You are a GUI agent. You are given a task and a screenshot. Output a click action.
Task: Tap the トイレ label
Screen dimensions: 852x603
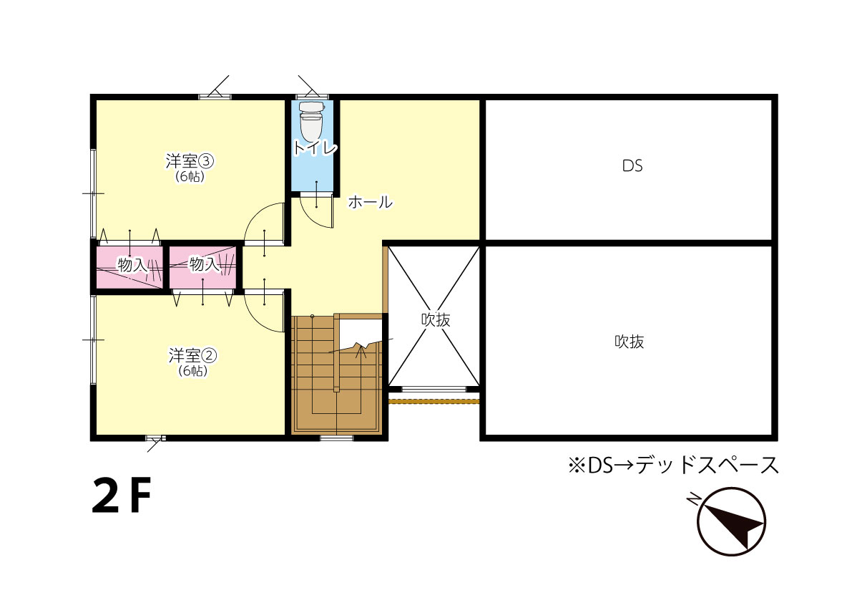315,148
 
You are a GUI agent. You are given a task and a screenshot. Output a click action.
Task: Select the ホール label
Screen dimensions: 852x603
370,202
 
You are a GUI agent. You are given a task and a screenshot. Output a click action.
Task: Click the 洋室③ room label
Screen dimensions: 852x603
190,161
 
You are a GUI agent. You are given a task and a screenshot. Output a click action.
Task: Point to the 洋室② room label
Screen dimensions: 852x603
193,356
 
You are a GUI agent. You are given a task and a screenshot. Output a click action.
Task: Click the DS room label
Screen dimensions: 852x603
632,166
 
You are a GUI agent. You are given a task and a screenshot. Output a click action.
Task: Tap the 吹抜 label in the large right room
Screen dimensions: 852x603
630,342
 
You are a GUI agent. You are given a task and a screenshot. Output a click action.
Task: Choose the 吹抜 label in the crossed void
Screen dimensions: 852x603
436,319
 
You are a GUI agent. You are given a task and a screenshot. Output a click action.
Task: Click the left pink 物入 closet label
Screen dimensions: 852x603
133,265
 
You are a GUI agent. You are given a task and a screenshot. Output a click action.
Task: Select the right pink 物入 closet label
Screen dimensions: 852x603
205,264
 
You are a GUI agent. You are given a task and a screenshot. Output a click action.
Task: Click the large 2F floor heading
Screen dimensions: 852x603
121,495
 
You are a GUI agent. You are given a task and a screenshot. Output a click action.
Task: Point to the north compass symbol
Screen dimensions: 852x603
731,521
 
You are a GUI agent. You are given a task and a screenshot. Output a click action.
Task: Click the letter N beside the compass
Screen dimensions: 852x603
693,498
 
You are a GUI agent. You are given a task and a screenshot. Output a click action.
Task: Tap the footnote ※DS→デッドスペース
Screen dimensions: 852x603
673,465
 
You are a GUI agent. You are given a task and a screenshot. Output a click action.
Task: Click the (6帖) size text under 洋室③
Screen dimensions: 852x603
190,176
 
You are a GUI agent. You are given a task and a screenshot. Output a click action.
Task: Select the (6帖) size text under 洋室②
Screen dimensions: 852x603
193,371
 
